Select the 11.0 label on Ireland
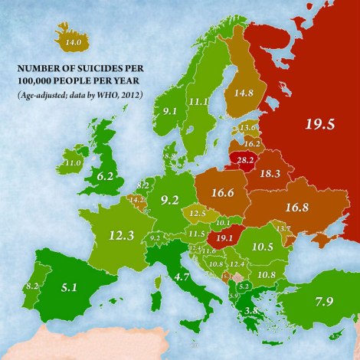tap(73, 163)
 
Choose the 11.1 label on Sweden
tap(200, 102)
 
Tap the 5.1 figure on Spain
tap(68, 290)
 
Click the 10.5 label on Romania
tap(263, 247)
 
